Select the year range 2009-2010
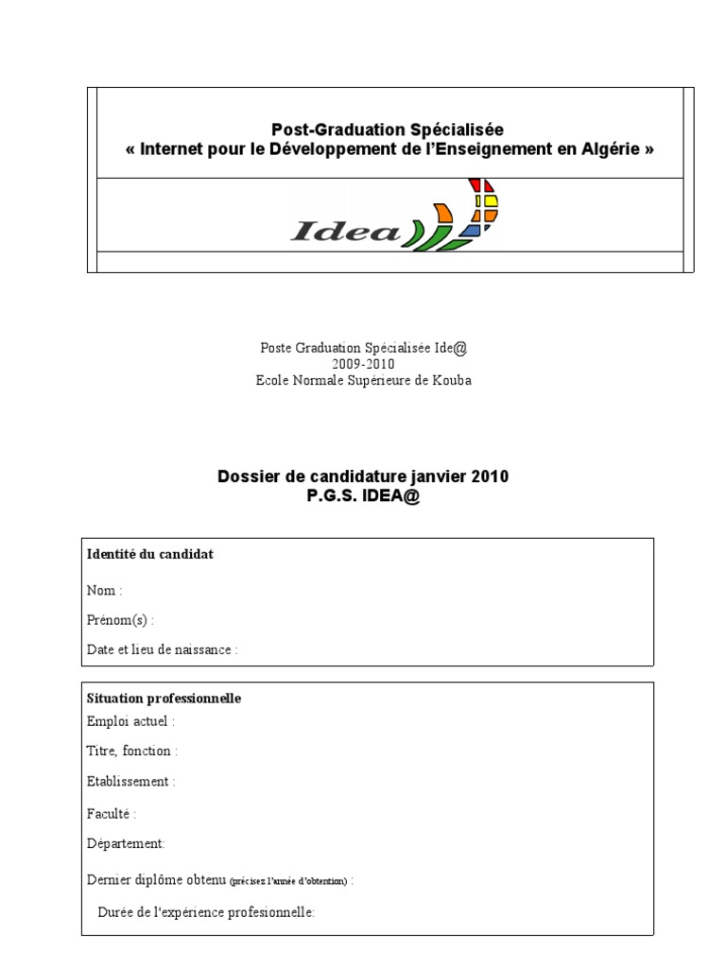point(363,364)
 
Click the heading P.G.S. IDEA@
point(363,496)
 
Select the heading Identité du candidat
point(149,555)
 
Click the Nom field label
point(104,591)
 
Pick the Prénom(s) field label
point(120,620)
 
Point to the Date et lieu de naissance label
point(162,650)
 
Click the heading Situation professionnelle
point(164,699)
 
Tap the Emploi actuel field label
point(130,721)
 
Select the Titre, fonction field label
point(131,752)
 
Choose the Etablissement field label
point(130,782)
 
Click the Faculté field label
point(112,813)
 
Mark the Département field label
point(126,843)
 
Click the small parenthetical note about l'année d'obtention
point(288,881)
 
